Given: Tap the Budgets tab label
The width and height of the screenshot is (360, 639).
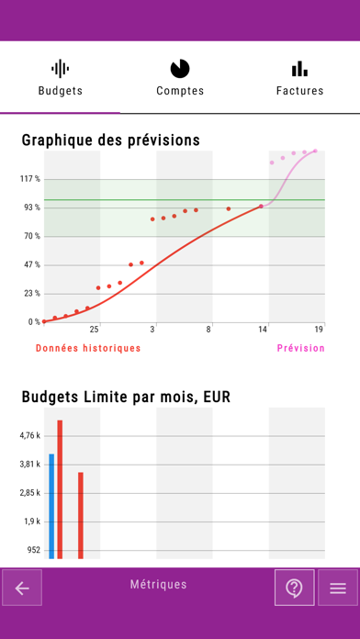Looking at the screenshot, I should pos(60,91).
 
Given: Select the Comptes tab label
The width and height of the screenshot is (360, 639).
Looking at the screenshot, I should pos(180,91).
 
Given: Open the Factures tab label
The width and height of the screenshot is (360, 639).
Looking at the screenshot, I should pos(299,91).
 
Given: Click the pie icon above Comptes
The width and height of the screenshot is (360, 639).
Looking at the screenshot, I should pos(180,69).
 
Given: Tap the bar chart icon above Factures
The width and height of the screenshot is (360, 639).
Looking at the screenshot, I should pos(299,69).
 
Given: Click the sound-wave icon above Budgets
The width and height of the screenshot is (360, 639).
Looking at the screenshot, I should pos(60,69).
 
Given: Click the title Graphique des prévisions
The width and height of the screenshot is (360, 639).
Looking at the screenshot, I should pos(110,140).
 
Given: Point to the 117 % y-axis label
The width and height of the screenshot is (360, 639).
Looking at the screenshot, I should pos(30,179).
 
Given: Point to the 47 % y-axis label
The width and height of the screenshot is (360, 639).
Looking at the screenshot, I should pos(31,265).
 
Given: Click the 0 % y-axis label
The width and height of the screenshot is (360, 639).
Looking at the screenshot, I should pos(33,322).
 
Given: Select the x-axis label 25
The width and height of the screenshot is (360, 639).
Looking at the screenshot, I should pos(94,329).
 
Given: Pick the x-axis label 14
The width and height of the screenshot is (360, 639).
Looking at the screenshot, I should pos(263,329).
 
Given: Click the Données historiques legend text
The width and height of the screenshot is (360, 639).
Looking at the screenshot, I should pos(88,348).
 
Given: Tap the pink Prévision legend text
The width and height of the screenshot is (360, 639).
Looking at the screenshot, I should pos(300,348).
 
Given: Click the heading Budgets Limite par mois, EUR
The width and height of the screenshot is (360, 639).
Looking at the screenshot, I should pos(126,398).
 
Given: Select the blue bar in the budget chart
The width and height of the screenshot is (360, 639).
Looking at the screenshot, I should pos(51,505).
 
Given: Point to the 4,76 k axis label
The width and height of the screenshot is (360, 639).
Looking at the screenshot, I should pos(29,436).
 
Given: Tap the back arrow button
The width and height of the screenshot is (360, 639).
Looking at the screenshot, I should pos(22,589).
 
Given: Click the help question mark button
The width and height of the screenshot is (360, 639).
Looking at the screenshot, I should pos(294,589).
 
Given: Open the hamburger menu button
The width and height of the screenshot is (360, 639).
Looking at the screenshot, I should pos(337,589).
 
